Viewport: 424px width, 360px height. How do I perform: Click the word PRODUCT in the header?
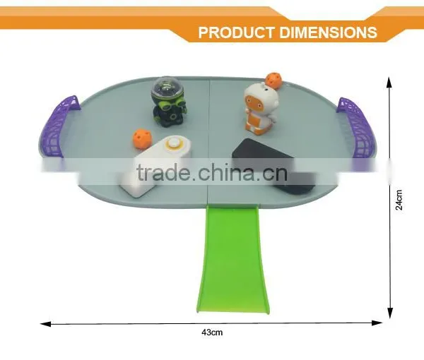(236, 32)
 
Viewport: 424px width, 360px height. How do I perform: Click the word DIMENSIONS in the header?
(328, 32)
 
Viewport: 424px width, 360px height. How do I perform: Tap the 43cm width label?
(212, 332)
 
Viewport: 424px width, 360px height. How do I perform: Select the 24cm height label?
(399, 200)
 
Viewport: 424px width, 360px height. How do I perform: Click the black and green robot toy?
(168, 102)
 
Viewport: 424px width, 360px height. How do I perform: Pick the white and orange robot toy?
(259, 109)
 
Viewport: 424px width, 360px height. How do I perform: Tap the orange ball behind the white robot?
(273, 80)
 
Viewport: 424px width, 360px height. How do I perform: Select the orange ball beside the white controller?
(141, 138)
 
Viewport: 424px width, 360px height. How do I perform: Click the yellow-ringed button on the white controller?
(172, 143)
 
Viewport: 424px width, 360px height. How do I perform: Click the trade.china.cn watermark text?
(211, 172)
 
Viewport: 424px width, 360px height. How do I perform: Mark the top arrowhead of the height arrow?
(389, 83)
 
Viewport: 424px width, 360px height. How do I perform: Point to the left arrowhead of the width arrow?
(45, 323)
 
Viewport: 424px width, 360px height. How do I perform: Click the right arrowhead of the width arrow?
(377, 323)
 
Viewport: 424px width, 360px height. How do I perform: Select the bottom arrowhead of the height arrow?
(390, 313)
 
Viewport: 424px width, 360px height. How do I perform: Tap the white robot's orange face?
(252, 101)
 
